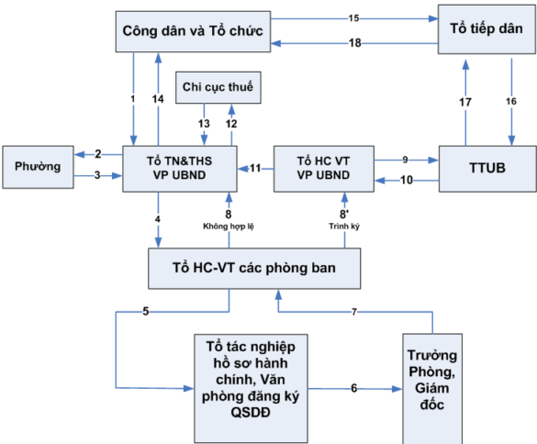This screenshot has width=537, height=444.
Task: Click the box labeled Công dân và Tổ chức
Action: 192,31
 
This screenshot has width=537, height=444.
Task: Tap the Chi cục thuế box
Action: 218,89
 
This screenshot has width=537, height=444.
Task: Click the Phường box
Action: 36,167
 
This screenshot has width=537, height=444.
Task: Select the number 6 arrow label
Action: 353,388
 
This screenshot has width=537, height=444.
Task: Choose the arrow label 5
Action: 145,311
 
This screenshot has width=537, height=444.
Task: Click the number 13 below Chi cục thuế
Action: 203,124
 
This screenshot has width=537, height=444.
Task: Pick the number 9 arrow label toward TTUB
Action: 406,158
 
